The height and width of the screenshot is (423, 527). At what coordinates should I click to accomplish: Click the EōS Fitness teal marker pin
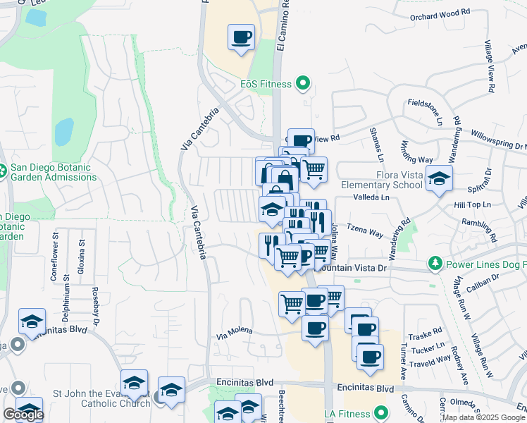point(304,84)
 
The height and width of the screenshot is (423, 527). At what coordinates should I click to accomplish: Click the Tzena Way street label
point(366,231)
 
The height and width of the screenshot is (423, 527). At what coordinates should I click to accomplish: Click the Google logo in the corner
point(23,415)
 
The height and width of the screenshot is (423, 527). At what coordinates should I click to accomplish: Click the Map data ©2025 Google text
point(483,417)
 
